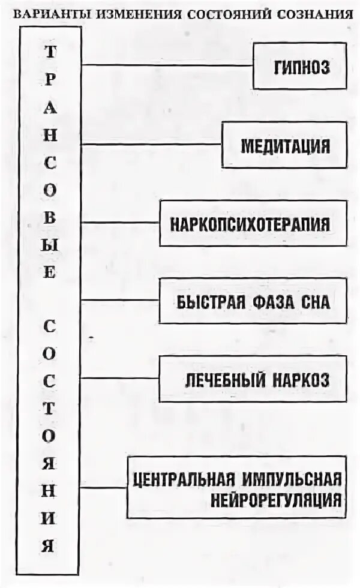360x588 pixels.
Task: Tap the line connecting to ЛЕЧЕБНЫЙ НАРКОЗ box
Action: (120, 378)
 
